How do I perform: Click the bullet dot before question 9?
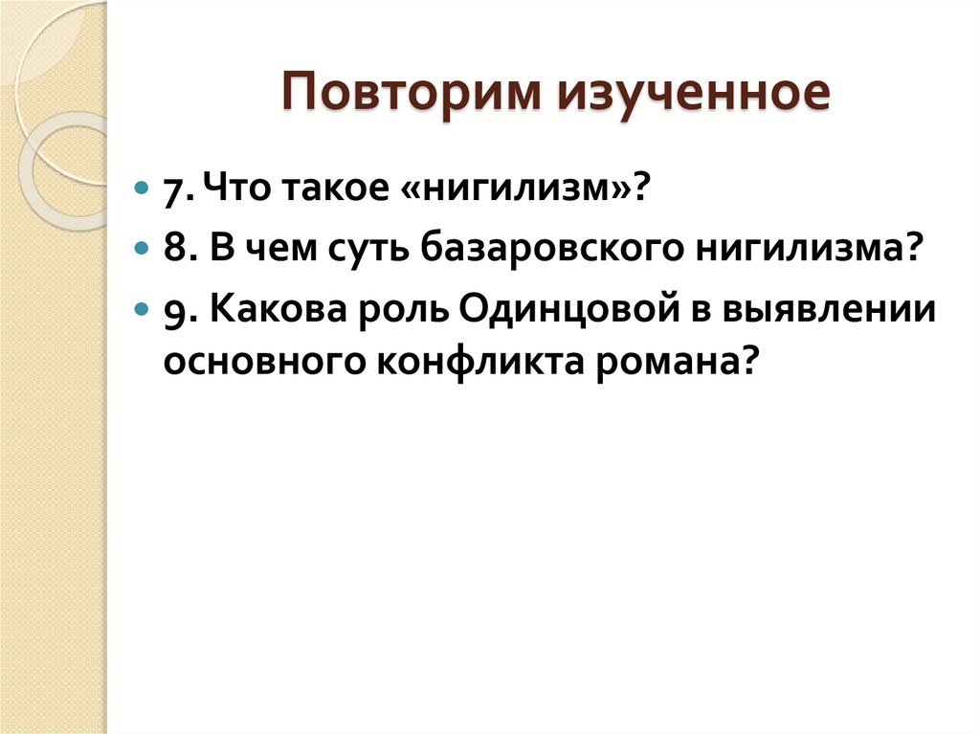pyautogui.click(x=143, y=312)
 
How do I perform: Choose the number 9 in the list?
pyautogui.click(x=173, y=313)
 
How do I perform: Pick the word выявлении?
pyautogui.click(x=839, y=313)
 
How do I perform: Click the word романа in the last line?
pyautogui.click(x=678, y=363)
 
